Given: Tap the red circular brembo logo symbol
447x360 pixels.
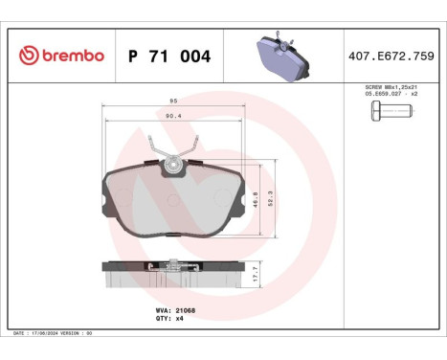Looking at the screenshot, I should [27, 56].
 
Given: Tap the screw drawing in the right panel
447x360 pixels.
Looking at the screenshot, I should [388, 114].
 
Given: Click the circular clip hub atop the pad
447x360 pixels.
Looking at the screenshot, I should [174, 165].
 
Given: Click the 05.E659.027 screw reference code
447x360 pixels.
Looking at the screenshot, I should [379, 95].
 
